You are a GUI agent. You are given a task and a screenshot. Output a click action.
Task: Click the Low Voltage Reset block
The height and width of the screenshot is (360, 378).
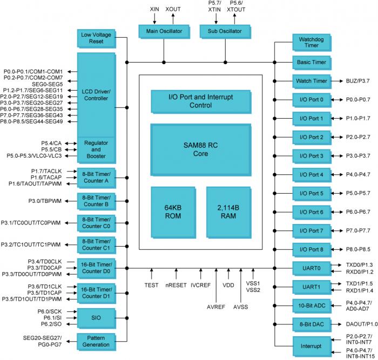point(96,38)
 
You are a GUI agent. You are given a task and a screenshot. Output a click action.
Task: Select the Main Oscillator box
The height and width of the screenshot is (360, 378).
point(164,31)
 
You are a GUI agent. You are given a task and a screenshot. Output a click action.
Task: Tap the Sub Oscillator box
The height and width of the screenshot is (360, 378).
point(225,31)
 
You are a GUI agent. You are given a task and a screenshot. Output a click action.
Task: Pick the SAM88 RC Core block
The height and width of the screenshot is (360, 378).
point(200,150)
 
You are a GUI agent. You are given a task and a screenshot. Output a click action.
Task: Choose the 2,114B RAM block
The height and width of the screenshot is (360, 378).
point(228,213)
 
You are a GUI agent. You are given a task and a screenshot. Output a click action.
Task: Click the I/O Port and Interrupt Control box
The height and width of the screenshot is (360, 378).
point(200,100)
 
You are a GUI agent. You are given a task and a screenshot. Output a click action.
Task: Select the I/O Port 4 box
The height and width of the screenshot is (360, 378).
point(311,174)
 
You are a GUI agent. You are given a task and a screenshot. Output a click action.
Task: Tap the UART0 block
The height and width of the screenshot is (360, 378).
point(311,268)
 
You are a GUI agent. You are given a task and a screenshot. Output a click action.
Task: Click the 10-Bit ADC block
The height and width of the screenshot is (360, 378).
point(311,306)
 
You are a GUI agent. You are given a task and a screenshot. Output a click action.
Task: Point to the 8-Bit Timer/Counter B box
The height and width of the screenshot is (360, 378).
point(96,201)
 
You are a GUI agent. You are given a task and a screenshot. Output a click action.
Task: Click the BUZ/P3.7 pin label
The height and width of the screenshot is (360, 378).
point(358,81)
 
